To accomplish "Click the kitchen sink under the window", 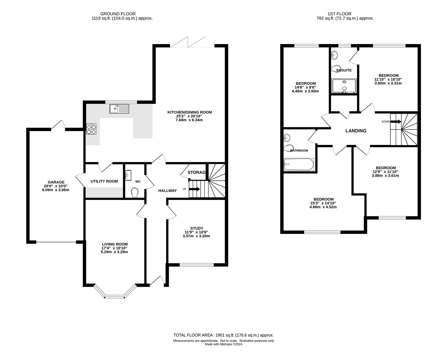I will tap(119, 108).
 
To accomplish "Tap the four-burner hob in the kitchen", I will tap(91, 129).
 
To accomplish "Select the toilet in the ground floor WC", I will tap(135, 192).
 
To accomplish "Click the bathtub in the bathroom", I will tap(299, 164).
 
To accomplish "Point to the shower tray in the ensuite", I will tap(344, 86).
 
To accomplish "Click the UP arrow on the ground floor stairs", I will tap(195, 189).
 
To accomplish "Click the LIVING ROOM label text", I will tap(114, 244).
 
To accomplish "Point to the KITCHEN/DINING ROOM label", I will tap(189, 112).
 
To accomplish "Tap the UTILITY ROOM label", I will tap(104, 181).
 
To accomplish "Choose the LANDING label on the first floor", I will tap(356, 131).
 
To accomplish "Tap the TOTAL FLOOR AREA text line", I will tap(223, 335).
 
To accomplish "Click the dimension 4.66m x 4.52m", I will tap(323, 207).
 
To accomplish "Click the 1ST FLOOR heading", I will tap(345, 14).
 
